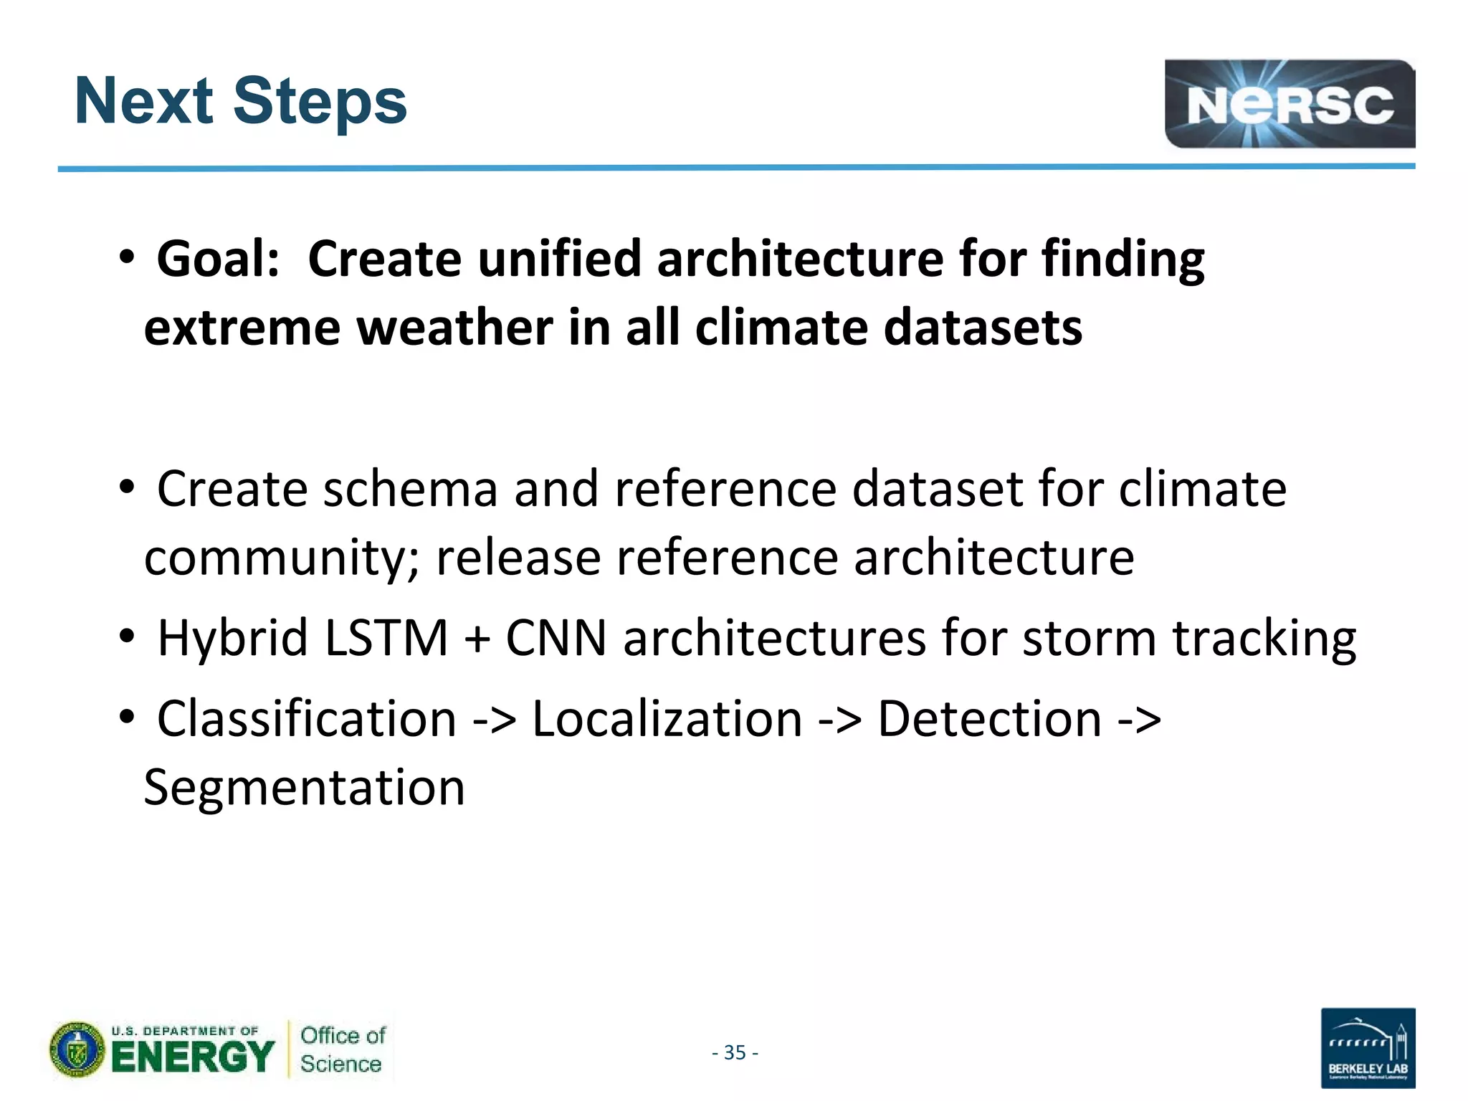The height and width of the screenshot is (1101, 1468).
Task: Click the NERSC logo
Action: coord(1289,104)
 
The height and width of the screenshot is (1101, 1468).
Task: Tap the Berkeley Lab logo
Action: coord(1367,1047)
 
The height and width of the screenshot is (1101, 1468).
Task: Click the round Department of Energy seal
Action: coord(77,1050)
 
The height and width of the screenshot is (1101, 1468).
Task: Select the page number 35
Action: coord(735,1052)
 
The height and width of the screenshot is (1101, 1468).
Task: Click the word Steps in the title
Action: coord(320,102)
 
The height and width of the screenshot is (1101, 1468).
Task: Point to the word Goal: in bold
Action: coord(218,259)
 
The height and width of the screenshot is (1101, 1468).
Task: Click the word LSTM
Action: coord(386,637)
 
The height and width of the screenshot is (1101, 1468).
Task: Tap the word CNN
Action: coord(556,637)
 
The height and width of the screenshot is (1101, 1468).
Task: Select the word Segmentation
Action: coord(305,787)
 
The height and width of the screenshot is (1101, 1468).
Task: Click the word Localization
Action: coord(667,718)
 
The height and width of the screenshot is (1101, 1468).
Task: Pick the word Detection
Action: coord(989,718)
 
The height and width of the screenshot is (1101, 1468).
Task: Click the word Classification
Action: coord(307,718)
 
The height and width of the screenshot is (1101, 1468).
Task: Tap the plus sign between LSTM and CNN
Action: coord(477,639)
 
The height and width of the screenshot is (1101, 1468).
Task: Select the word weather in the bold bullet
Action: coord(454,328)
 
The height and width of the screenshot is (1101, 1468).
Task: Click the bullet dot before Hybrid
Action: coord(127,635)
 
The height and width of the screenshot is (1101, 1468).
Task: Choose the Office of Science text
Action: coord(342,1049)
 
